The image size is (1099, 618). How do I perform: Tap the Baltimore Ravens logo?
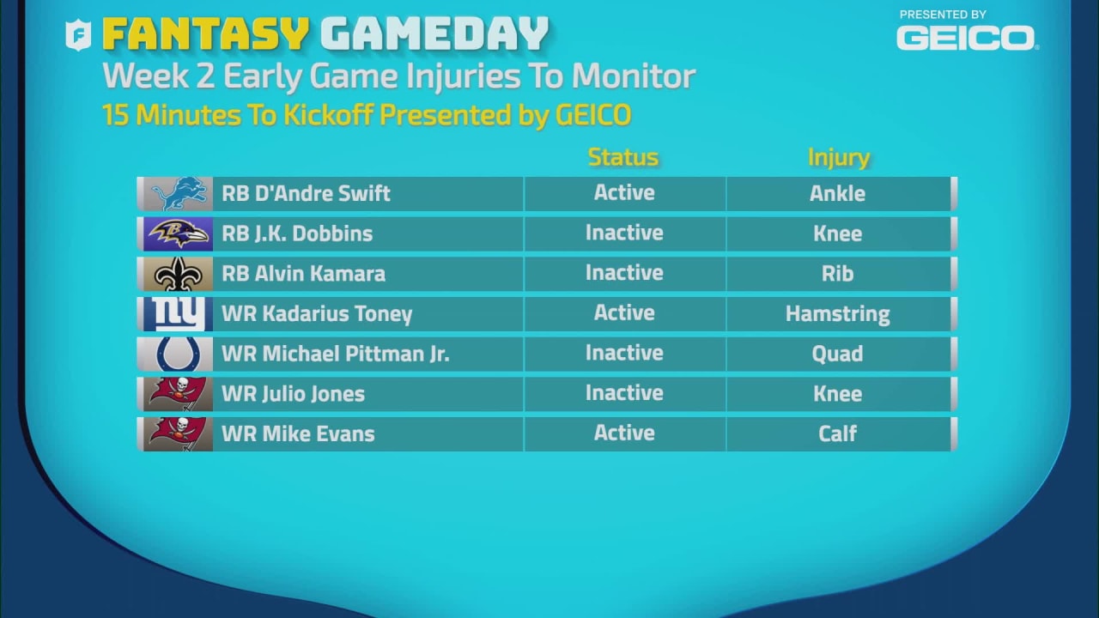tap(178, 233)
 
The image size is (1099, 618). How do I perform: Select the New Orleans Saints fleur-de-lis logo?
tap(178, 274)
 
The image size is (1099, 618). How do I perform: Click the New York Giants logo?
tap(178, 314)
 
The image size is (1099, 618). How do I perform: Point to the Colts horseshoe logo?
tap(178, 354)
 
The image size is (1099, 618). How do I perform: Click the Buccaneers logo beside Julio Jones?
tap(178, 394)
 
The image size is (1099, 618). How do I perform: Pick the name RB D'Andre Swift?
tap(306, 194)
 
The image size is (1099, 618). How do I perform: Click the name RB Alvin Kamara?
tap(303, 274)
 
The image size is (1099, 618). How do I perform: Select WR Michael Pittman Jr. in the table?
tap(335, 354)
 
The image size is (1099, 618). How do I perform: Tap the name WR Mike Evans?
tap(298, 433)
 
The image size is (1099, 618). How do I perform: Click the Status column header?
tap(623, 157)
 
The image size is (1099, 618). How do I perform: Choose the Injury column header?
tap(838, 157)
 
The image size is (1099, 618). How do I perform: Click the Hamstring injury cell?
tap(837, 314)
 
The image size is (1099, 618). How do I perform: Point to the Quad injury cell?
tap(837, 354)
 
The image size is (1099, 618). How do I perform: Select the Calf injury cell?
tap(837, 433)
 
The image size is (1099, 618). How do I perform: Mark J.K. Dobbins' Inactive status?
tap(624, 233)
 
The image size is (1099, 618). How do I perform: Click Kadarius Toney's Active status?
tap(624, 313)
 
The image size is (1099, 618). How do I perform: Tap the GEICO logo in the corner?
tap(966, 38)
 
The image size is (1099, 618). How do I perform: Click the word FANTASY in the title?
tap(205, 34)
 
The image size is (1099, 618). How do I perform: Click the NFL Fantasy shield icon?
tap(79, 35)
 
